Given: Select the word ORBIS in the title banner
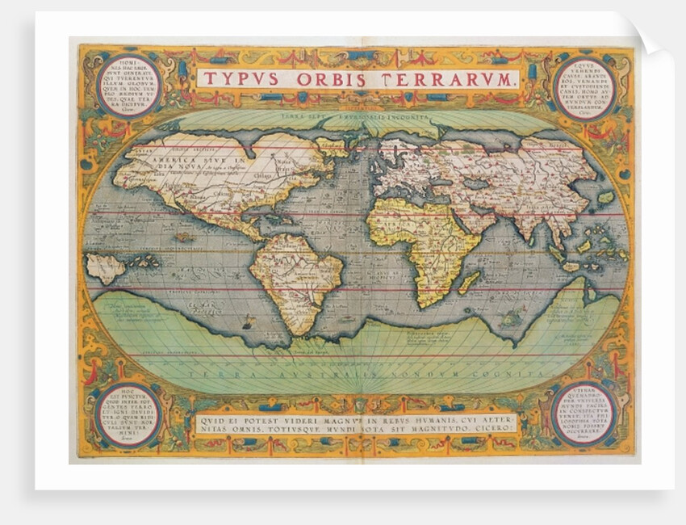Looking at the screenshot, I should (x=330, y=79).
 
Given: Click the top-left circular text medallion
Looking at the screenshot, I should (x=128, y=85).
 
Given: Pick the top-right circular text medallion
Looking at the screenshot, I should (x=583, y=87).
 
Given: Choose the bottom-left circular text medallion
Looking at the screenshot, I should (x=128, y=414).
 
